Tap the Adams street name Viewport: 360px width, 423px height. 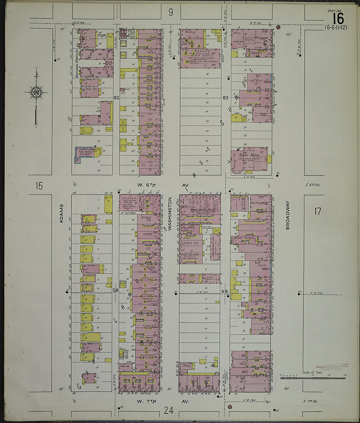click(61, 213)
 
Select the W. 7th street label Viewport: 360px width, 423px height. click(146, 401)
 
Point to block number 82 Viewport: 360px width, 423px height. click(116, 98)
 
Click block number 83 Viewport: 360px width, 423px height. click(225, 98)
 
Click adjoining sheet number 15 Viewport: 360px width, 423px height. click(39, 186)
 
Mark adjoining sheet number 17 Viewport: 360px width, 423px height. click(317, 211)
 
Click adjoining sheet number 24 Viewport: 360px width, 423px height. click(169, 410)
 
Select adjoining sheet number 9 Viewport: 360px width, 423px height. click(171, 12)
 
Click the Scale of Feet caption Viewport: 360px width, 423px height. click(313, 372)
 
